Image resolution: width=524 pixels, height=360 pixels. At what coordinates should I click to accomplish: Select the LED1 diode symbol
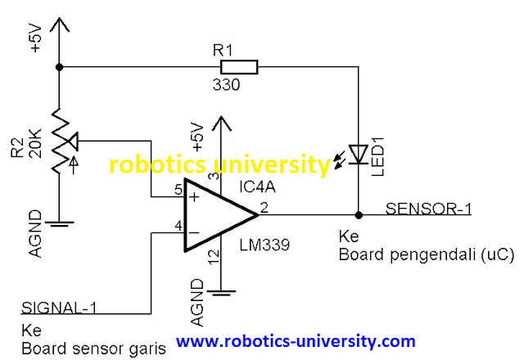[x=359, y=154]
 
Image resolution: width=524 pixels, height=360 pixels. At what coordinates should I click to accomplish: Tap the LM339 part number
[x=261, y=245]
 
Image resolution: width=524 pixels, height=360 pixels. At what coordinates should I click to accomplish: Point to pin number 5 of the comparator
[x=178, y=189]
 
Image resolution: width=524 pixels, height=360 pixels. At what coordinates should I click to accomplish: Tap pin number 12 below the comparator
[x=213, y=257]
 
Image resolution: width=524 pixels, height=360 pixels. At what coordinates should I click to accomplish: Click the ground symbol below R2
[x=59, y=222]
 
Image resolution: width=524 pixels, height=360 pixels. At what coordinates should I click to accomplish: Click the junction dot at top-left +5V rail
[x=59, y=67]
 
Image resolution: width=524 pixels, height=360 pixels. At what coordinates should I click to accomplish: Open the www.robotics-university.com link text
[x=296, y=340]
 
